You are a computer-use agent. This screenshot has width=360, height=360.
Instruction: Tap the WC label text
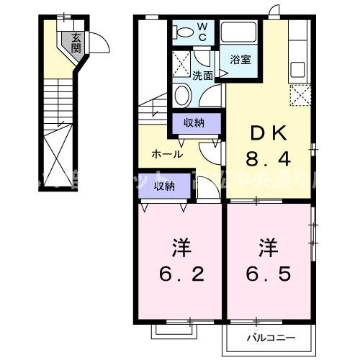(202, 30)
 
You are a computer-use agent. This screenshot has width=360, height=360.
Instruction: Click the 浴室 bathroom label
(241, 60)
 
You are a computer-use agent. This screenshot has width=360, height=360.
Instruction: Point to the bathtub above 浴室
(241, 33)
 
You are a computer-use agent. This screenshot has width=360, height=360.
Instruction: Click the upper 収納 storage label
(194, 123)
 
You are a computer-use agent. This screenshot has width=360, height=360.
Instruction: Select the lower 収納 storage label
(165, 186)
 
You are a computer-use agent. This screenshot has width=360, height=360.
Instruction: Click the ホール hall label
(166, 154)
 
